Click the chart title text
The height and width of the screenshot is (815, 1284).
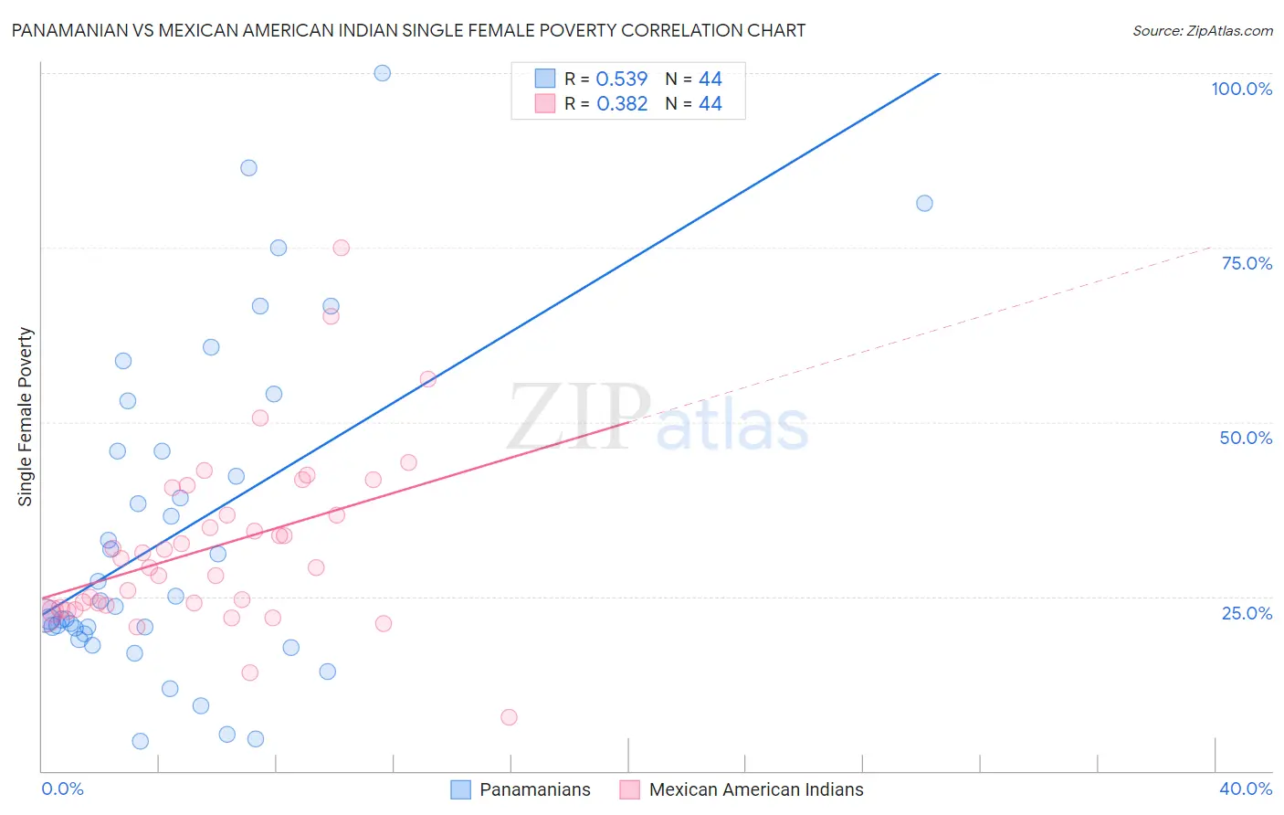pyautogui.click(x=408, y=30)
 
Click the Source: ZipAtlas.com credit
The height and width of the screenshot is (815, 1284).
pyautogui.click(x=1202, y=30)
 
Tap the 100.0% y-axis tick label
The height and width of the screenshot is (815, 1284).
pyautogui.click(x=1241, y=89)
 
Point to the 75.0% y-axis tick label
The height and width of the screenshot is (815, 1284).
pyautogui.click(x=1247, y=263)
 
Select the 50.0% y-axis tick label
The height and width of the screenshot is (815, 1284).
pyautogui.click(x=1246, y=438)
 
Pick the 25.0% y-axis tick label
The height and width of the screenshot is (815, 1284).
pyautogui.click(x=1247, y=612)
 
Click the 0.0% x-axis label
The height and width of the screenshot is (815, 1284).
pyautogui.click(x=62, y=789)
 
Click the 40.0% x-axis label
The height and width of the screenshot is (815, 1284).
pyautogui.click(x=1245, y=789)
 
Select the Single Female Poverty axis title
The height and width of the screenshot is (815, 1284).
pyautogui.click(x=26, y=417)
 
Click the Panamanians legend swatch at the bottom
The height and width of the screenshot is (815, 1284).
pyautogui.click(x=461, y=789)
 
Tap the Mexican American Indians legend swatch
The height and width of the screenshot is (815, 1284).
pyautogui.click(x=629, y=789)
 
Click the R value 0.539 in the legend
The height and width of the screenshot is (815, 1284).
pyautogui.click(x=621, y=79)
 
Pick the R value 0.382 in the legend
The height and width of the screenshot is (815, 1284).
pyautogui.click(x=621, y=104)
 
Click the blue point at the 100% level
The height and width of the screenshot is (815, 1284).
pyautogui.click(x=383, y=73)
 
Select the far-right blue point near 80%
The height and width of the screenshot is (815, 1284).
pyautogui.click(x=924, y=204)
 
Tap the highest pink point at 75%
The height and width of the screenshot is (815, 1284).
pyautogui.click(x=342, y=248)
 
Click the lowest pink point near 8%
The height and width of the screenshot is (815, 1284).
pyautogui.click(x=509, y=717)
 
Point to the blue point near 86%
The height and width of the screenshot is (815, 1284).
pyautogui.click(x=248, y=168)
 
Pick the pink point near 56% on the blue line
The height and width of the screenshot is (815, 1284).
pyautogui.click(x=427, y=379)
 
